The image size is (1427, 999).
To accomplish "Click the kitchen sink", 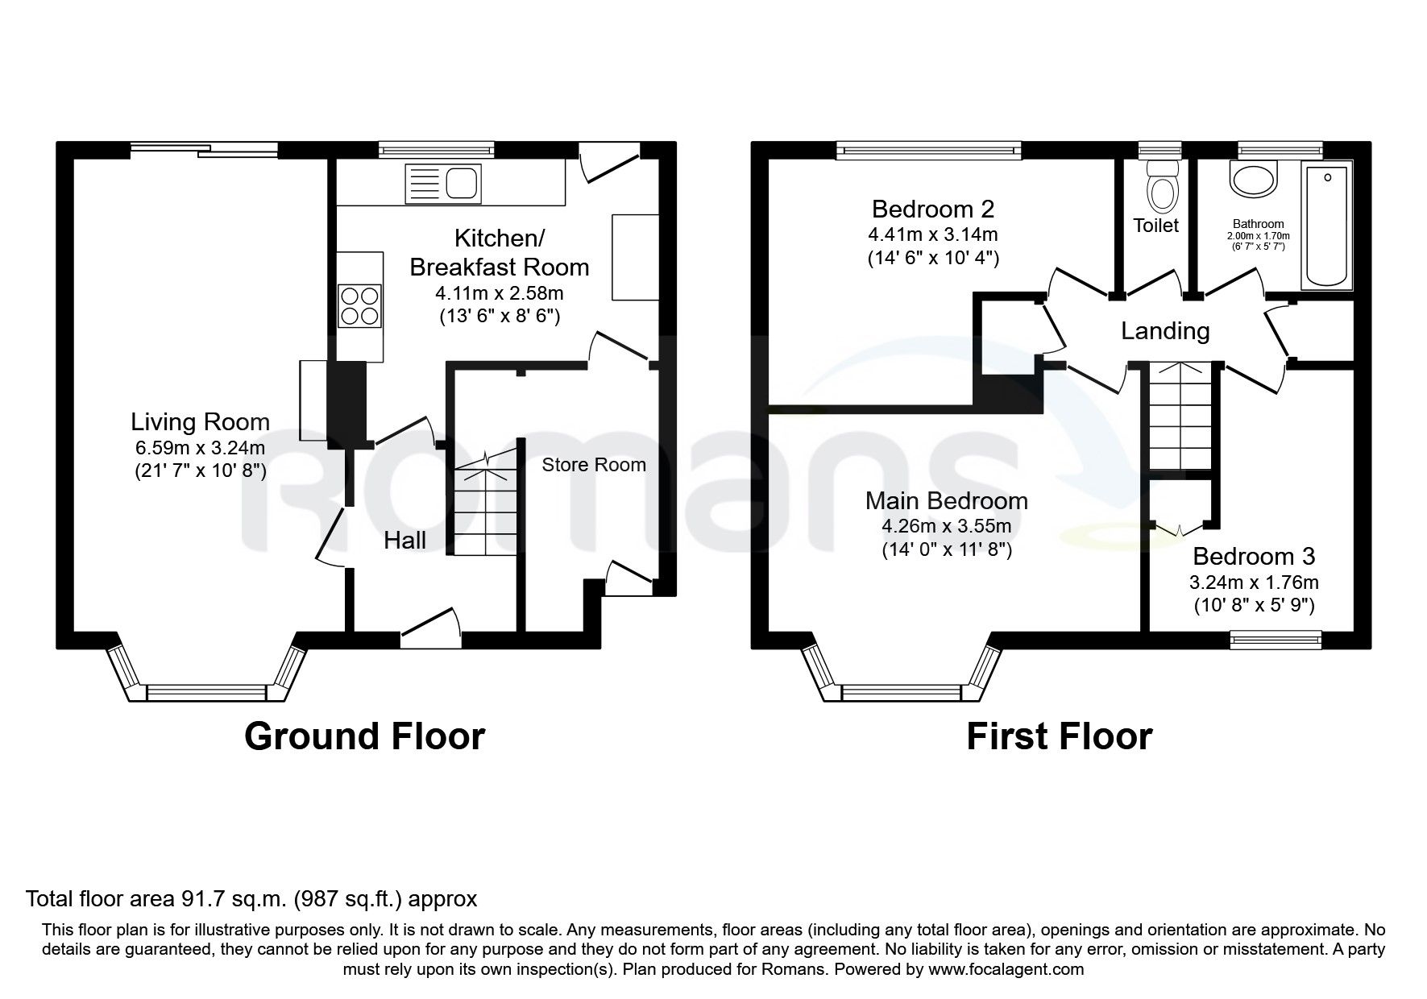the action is click(444, 183).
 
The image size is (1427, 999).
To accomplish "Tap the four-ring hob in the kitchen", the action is click(360, 307).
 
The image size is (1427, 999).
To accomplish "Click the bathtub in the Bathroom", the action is click(1327, 225).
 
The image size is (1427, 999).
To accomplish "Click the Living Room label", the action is click(201, 421).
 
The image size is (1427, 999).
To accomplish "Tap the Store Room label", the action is click(594, 465).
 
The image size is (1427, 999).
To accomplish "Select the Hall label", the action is click(404, 540).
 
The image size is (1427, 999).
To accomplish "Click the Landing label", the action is click(1165, 331).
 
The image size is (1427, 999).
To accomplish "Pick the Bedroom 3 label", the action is click(1254, 556).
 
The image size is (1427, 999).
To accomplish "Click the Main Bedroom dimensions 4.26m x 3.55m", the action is click(947, 527).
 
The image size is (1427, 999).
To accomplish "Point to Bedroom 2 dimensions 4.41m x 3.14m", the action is click(933, 235).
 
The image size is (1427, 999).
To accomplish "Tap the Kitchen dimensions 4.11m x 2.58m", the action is click(499, 293).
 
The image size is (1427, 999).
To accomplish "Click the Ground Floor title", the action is click(364, 736).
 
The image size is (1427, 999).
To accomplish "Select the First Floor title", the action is click(1060, 736).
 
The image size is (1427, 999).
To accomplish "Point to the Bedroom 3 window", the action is click(1276, 640).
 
